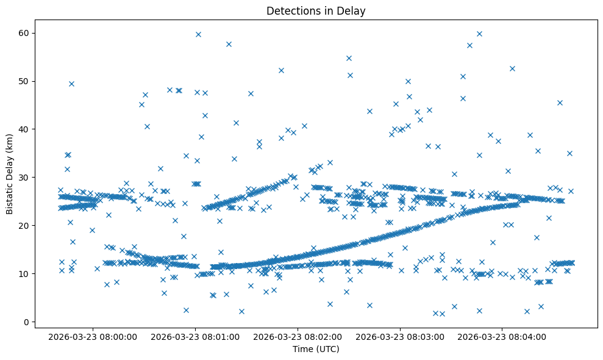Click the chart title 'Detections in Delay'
tap(316, 10)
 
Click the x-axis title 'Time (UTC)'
tap(316, 349)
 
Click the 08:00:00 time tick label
tap(93, 336)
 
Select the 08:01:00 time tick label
tap(196, 336)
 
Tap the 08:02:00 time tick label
tap(298, 336)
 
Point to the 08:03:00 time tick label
tap(401, 336)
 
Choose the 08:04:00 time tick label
tap(503, 336)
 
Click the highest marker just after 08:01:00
tap(198, 34)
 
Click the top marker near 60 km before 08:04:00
tap(479, 34)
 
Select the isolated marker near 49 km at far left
tap(71, 84)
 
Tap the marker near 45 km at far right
tap(560, 103)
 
